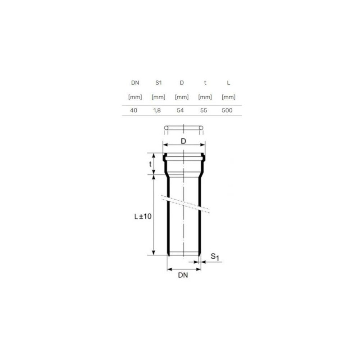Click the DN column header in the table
pos(135,83)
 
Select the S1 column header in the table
pos(158,83)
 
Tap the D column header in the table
pos(182,83)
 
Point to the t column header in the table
pos(205,83)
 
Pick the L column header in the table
pos(229,83)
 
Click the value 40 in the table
pos(134,110)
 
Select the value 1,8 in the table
pos(157,110)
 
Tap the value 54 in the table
pos(180,110)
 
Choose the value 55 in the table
pos(204,110)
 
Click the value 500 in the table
pos(227,110)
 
